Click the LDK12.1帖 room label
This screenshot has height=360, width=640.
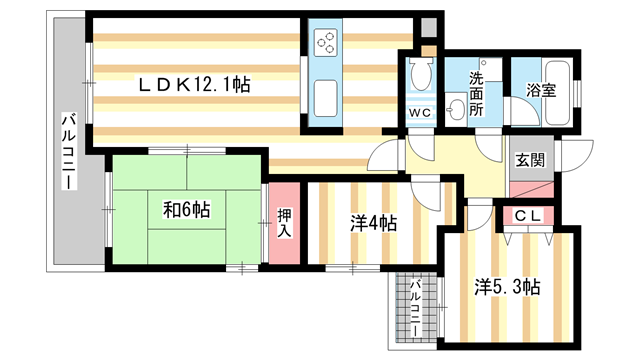point(194,86)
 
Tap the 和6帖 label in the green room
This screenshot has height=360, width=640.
point(186,210)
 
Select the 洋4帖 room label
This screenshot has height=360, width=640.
point(372,224)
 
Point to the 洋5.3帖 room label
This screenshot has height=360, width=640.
point(507,288)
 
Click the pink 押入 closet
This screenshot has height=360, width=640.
point(284,223)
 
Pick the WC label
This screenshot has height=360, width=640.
point(420,112)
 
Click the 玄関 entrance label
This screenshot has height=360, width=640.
point(529,160)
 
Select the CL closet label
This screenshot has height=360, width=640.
point(529,215)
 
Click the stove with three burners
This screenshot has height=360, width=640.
point(328,43)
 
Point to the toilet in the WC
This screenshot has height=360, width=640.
point(420,74)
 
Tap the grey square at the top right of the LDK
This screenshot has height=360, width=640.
point(429,29)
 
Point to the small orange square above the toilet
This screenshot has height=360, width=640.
point(428,50)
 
